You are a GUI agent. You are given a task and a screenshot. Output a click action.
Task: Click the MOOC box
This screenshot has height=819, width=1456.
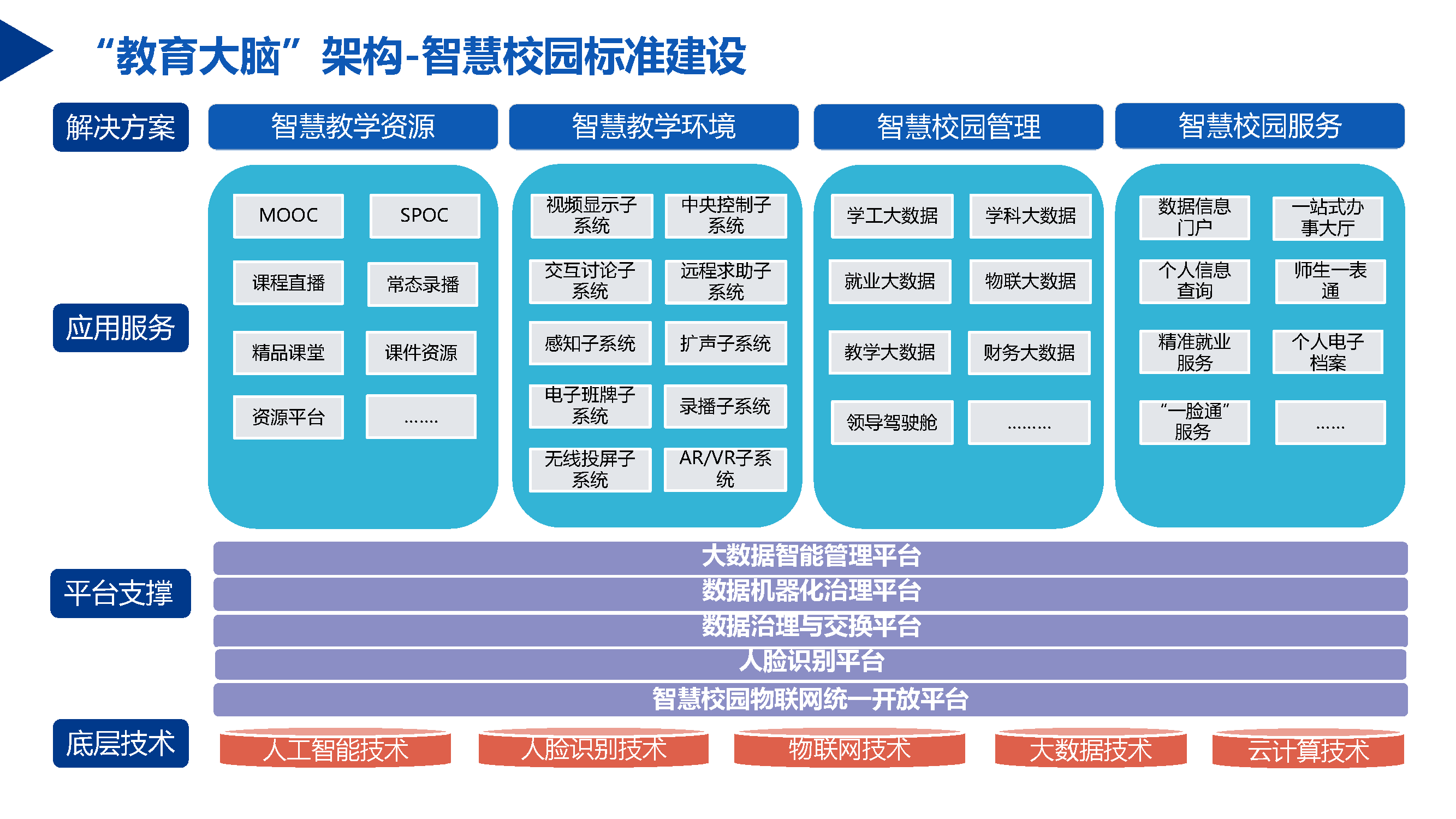pos(288,215)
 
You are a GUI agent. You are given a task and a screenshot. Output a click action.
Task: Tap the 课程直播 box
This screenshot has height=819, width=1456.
pos(288,283)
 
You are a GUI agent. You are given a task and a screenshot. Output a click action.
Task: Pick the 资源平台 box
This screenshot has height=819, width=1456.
pos(288,417)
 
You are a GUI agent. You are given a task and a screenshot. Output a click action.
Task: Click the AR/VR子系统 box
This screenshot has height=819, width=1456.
pos(725,469)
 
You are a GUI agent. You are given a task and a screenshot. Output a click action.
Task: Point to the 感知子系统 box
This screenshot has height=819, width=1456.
pos(590,343)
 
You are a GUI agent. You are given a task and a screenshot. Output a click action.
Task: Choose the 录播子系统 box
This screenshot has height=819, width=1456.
pos(725,406)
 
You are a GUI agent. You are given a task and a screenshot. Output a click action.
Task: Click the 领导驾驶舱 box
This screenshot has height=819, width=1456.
pos(892,422)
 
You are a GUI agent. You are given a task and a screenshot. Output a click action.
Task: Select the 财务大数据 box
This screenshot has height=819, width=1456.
pos(1029,353)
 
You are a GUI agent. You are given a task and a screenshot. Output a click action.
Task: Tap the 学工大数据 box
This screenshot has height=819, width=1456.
pos(892,215)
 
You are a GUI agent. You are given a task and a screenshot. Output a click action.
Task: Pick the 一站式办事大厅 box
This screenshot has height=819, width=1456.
pos(1328,218)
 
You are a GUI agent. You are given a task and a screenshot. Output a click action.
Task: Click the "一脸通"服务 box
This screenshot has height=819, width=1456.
pos(1194,422)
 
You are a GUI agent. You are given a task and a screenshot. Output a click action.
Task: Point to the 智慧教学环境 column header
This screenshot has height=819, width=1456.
pos(653,127)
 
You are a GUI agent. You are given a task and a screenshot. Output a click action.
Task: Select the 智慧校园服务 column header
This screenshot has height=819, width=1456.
pos(1259,126)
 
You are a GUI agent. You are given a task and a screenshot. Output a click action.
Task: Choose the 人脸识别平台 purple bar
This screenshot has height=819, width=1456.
pos(811,663)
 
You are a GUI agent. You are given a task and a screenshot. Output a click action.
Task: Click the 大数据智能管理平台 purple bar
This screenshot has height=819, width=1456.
pos(811,557)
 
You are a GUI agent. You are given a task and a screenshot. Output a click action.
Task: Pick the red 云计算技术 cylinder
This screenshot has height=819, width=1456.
pos(1308,750)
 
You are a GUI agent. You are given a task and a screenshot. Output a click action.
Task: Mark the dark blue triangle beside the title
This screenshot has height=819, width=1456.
pos(22,51)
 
